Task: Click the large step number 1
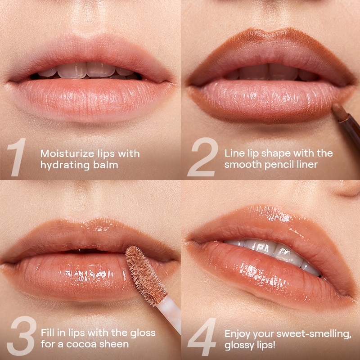pyautogui.click(x=17, y=157)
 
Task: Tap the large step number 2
pyautogui.click(x=202, y=157)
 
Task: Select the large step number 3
pyautogui.click(x=21, y=336)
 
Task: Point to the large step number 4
pyautogui.click(x=202, y=337)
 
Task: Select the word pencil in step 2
pyautogui.click(x=283, y=165)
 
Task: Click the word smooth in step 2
pyautogui.click(x=243, y=165)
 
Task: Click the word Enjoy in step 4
pyautogui.click(x=238, y=334)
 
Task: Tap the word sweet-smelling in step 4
pyautogui.click(x=314, y=334)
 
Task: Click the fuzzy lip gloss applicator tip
pyautogui.click(x=146, y=275)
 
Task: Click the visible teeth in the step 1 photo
pyautogui.click(x=86, y=71)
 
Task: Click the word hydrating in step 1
pyautogui.click(x=65, y=165)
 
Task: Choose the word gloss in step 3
pyautogui.click(x=143, y=333)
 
